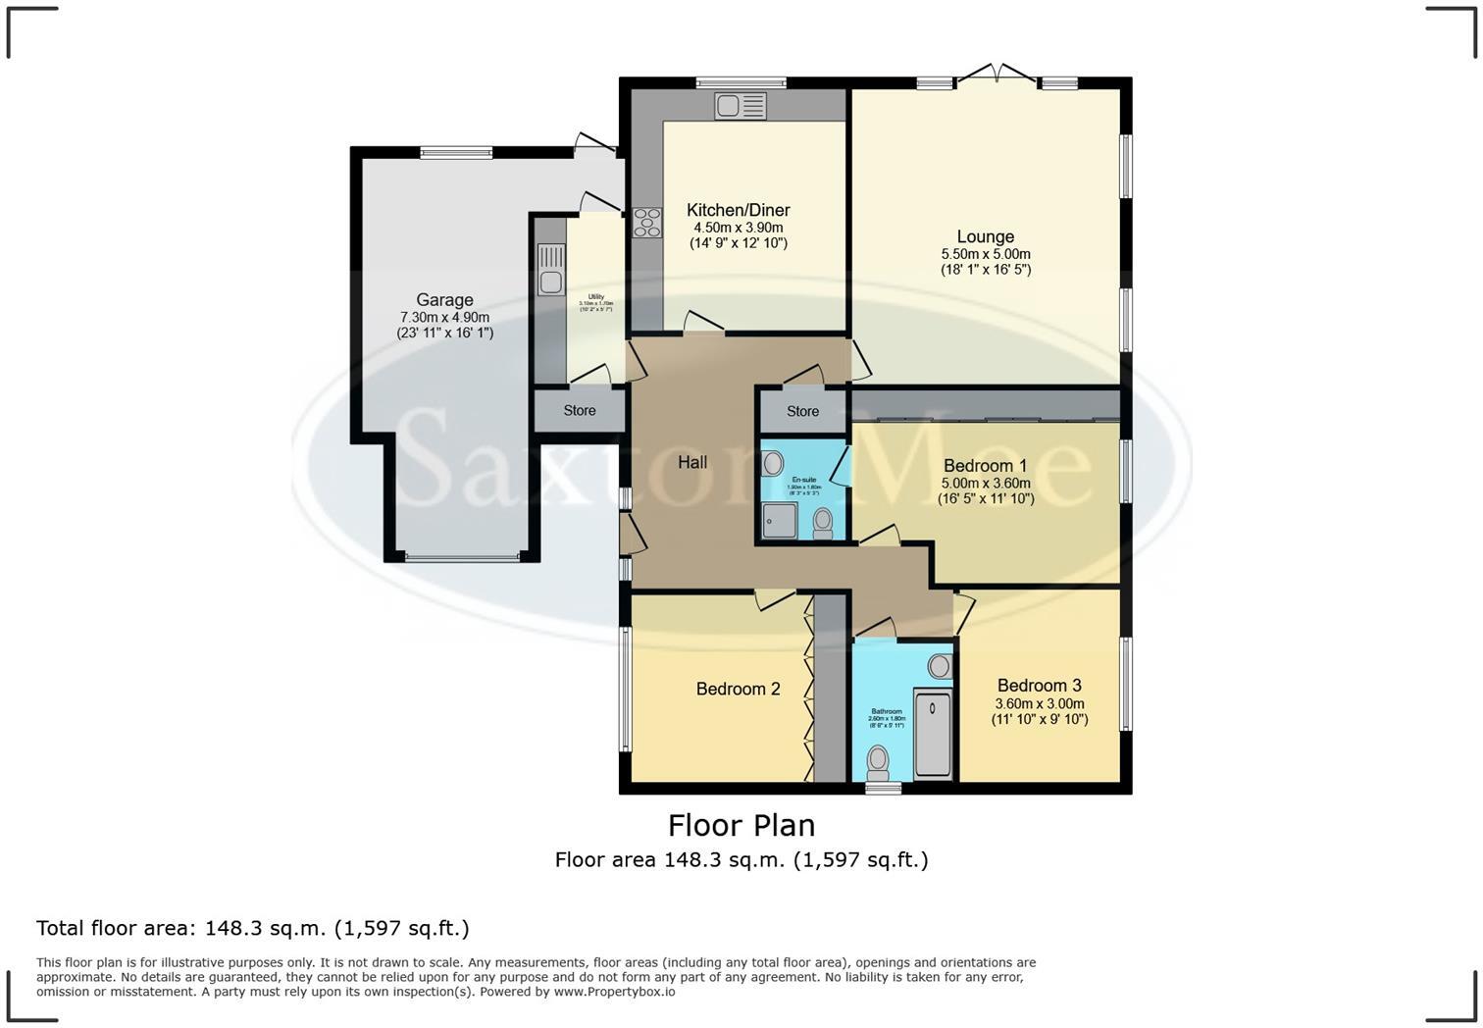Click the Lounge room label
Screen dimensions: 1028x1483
[985, 236]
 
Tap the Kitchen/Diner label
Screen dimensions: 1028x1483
[738, 210]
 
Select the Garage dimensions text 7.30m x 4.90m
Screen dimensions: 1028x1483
[444, 317]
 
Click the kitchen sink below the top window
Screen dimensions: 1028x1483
[741, 105]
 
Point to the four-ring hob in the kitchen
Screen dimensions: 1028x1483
[646, 223]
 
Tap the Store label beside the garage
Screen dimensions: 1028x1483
[579, 410]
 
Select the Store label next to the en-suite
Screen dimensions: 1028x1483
[802, 411]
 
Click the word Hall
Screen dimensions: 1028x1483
[692, 462]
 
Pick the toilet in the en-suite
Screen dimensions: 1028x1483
[823, 522]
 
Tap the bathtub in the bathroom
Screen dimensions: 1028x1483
[934, 733]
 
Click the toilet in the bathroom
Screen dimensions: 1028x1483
[878, 762]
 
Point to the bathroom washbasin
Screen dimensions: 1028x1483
[939, 667]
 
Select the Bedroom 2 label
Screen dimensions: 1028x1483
[738, 689]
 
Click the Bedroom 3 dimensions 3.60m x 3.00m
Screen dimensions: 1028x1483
[1040, 703]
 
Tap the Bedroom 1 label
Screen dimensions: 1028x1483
[985, 465]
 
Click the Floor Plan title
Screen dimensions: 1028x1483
[741, 825]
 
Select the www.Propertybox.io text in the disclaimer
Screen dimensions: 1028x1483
[614, 992]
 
